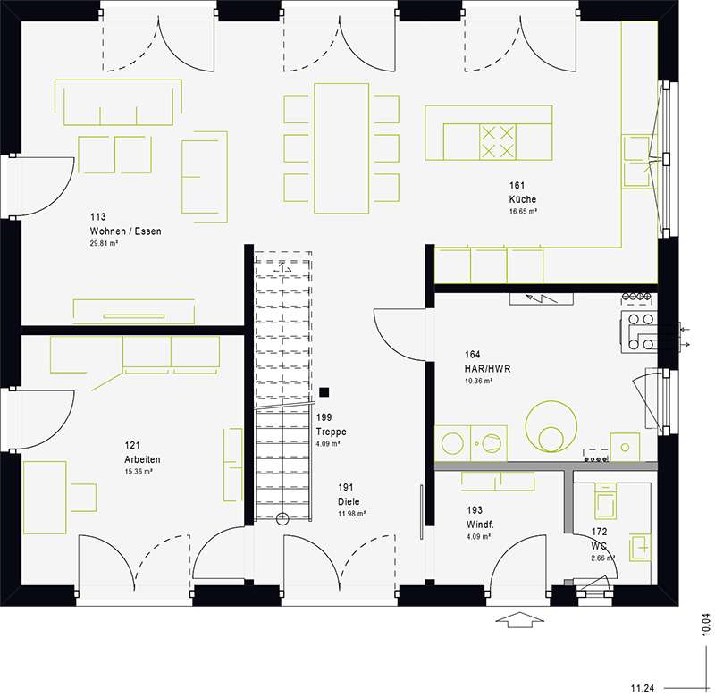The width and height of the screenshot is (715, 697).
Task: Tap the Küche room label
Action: tap(523, 199)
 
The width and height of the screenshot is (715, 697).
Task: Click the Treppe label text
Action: tap(331, 431)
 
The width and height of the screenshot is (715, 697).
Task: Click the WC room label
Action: tap(599, 545)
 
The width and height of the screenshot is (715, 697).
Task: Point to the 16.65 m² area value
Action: tap(523, 212)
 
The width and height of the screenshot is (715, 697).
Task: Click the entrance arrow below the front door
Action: tap(518, 619)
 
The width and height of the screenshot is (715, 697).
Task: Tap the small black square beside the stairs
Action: tap(324, 391)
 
